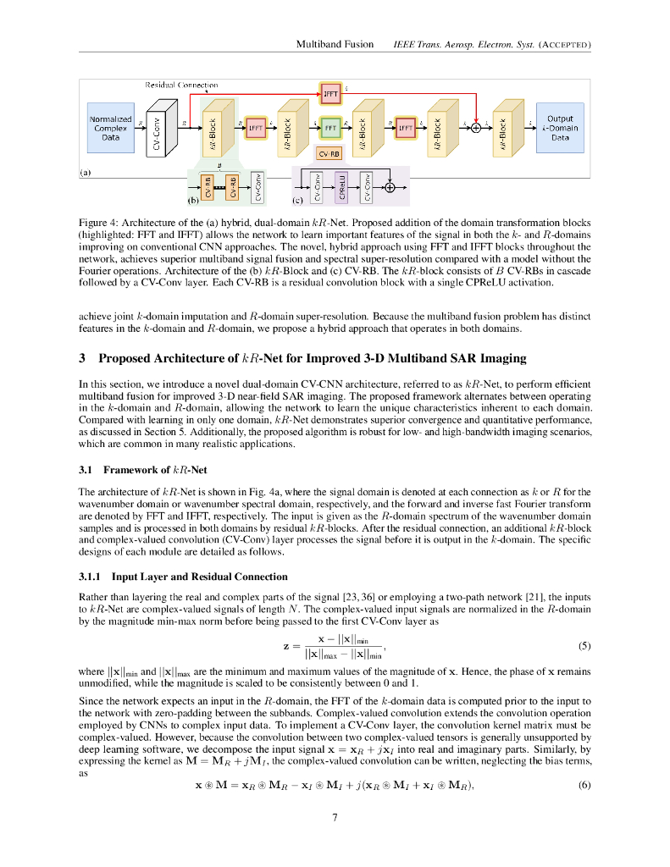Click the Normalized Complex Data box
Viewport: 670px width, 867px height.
coord(110,128)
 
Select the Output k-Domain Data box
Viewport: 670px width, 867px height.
coord(560,128)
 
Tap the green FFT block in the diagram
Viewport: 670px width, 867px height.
coord(331,128)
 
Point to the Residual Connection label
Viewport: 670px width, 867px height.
coord(181,85)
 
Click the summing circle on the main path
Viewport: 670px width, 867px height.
coord(476,129)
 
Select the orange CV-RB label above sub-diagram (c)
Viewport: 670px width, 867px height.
coord(329,154)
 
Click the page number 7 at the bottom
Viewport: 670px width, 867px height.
coord(335,818)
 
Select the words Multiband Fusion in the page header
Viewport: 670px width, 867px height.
coord(334,44)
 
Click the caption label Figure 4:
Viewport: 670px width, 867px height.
coord(98,223)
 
